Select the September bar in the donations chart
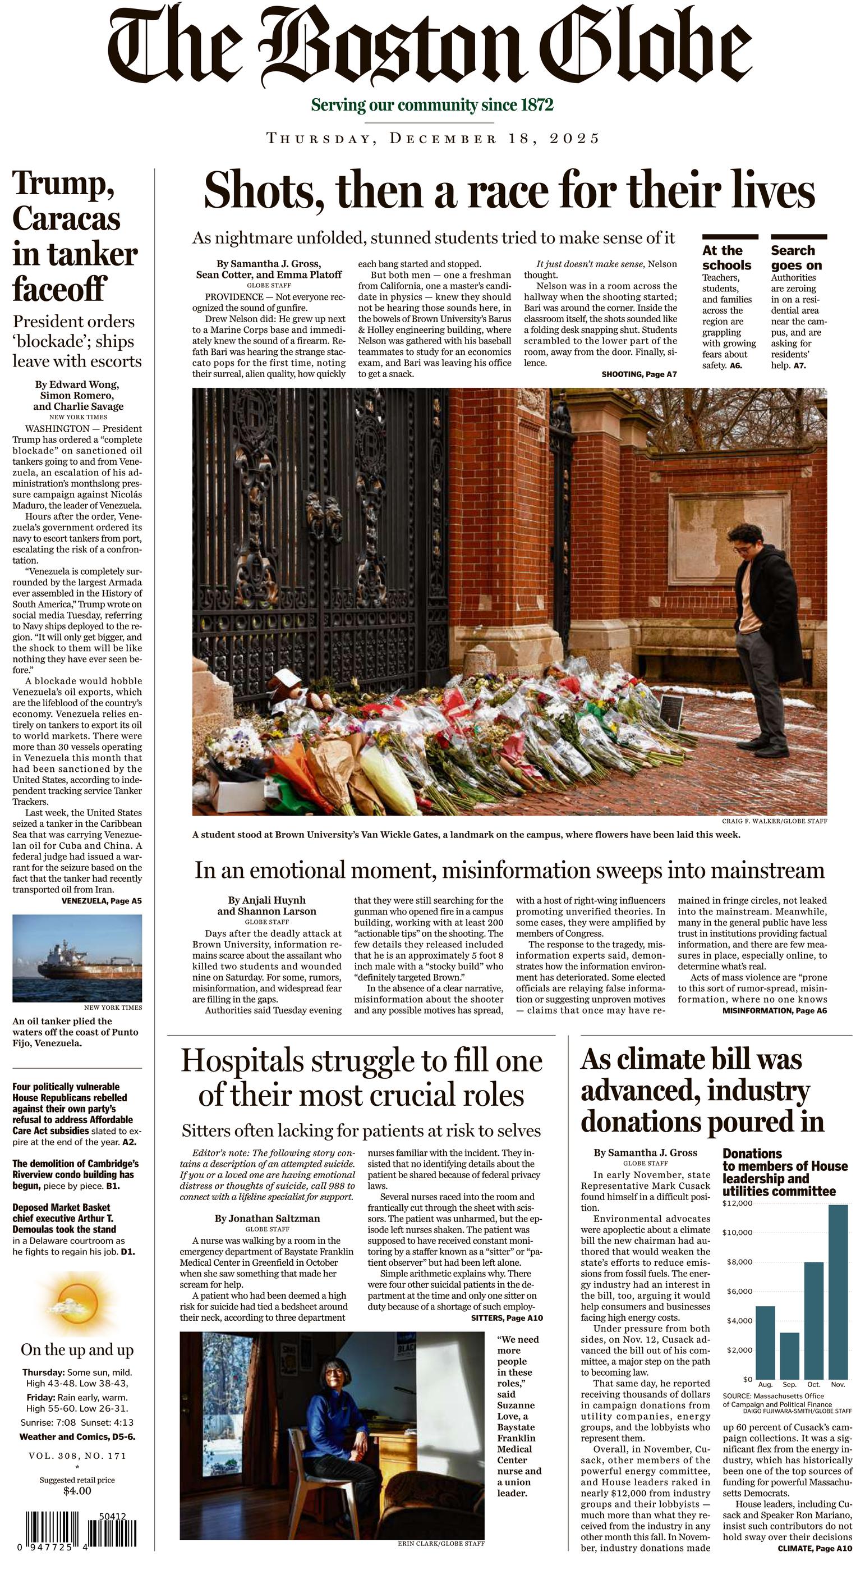(789, 1354)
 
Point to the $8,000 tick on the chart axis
(739, 1262)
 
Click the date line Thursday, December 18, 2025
(432, 138)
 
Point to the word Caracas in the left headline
(66, 219)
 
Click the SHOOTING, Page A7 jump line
(638, 374)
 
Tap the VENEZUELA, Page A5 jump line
(101, 901)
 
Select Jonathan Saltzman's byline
(267, 1218)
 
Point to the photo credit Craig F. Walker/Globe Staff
(774, 822)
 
